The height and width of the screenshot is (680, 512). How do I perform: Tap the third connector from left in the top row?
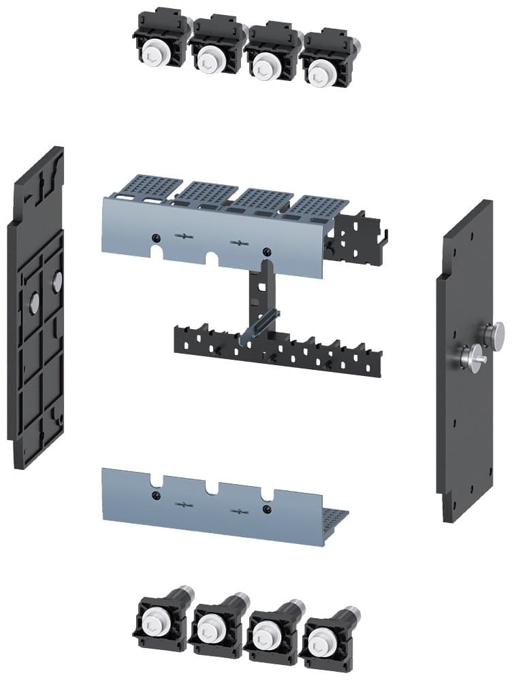click(x=265, y=59)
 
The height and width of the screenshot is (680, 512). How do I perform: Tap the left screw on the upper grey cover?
click(x=156, y=237)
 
